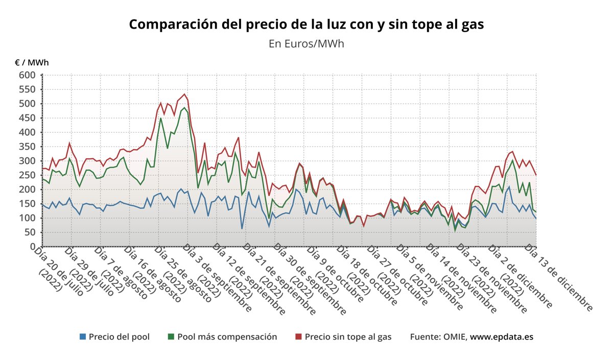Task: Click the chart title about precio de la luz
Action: click(x=306, y=25)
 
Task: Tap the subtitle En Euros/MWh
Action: click(x=306, y=43)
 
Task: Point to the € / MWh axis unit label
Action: click(x=32, y=63)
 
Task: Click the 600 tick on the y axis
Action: click(x=28, y=75)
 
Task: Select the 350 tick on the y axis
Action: click(x=28, y=147)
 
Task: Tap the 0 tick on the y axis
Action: click(x=33, y=247)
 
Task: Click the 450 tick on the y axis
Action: click(x=28, y=118)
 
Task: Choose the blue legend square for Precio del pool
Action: click(x=83, y=337)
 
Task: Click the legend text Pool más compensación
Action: click(x=227, y=337)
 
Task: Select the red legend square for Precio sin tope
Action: click(x=299, y=337)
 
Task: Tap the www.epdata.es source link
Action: click(x=502, y=337)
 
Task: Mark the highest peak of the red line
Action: click(x=184, y=94)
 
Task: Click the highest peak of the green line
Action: click(x=184, y=108)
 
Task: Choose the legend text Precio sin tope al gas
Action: click(x=348, y=337)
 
